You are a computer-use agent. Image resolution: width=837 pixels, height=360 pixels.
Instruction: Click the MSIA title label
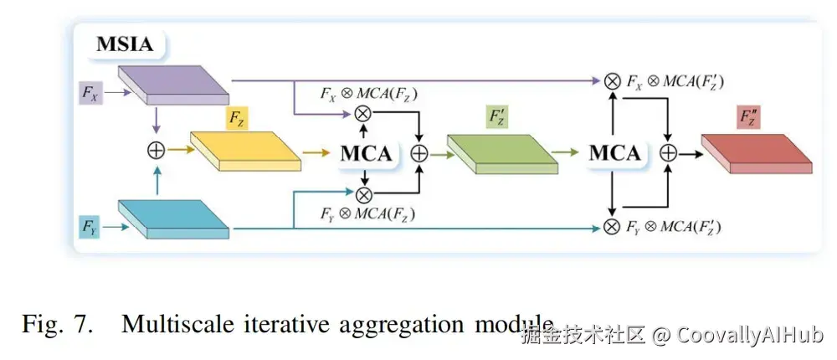coord(125,44)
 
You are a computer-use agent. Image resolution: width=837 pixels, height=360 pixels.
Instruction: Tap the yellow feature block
coord(245,151)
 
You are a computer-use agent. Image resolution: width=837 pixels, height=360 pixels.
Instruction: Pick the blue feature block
coord(174,219)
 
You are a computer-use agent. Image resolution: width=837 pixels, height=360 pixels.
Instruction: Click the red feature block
coord(757,153)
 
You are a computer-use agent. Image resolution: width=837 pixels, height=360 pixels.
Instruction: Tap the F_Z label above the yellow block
coord(236,120)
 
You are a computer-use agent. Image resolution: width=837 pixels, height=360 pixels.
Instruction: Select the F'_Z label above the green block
coord(497,118)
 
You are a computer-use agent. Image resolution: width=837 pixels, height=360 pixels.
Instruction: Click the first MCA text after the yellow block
coord(366,153)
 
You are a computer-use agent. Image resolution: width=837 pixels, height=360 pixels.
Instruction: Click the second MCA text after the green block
coord(615,153)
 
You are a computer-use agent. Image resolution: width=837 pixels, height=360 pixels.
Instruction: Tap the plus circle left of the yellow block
coord(155,151)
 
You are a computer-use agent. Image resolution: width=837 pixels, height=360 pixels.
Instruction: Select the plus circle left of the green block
coord(418,153)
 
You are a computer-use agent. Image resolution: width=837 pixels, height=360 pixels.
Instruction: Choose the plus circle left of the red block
coord(668,153)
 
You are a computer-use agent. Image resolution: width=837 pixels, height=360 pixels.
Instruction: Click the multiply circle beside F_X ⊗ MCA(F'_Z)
coord(613,81)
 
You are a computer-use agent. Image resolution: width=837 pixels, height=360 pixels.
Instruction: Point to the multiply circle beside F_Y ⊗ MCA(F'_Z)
coord(613,226)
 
